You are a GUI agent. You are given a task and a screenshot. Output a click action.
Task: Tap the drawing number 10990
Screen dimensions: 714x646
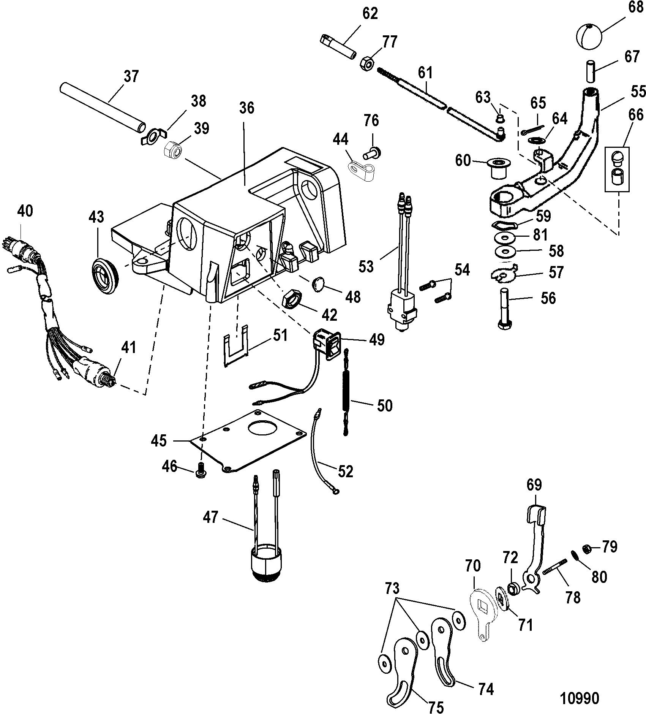(580, 698)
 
